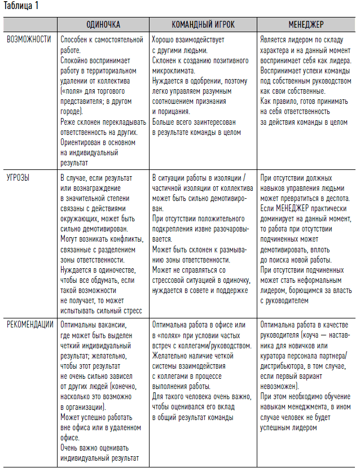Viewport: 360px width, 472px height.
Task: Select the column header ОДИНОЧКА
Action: pyautogui.click(x=103, y=25)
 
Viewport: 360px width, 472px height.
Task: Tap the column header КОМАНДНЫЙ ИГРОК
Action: pyautogui.click(x=203, y=25)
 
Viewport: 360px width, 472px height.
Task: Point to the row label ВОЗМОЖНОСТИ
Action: pyautogui.click(x=29, y=40)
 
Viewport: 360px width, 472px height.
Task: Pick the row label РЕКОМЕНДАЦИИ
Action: pyautogui.click(x=30, y=325)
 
